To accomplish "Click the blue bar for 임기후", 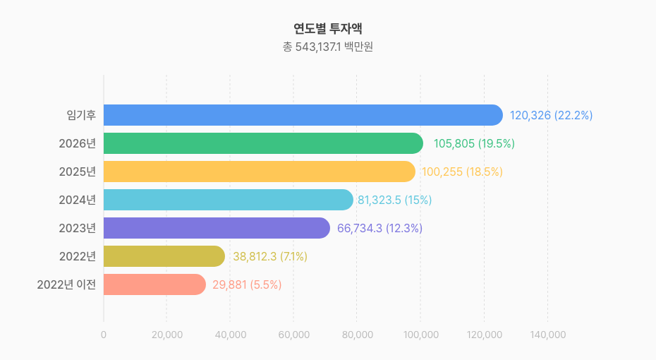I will coord(303,115).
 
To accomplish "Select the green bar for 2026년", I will coord(263,143).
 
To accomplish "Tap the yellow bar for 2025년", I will coord(260,172).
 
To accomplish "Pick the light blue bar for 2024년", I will coord(228,200).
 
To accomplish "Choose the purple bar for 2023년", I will coord(217,228).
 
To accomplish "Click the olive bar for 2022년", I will coord(164,256).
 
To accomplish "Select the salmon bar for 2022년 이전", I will coord(154,284).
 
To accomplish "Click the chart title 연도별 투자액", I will coord(328,29).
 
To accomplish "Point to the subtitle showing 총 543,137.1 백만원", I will coord(328,47).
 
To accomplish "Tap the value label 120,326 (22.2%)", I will coord(551,115).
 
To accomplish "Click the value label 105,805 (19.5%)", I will coord(474,143).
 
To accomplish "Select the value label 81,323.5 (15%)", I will coord(394,200).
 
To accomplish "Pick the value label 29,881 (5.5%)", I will coord(247,284).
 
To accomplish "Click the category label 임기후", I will coord(81,115).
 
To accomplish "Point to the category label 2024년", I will coord(77,200).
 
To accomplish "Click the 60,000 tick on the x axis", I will coord(294,335).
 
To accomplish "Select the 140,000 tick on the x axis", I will coord(547,335).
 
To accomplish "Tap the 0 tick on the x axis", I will coord(104,335).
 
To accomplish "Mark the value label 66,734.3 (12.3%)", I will coord(379,228).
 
